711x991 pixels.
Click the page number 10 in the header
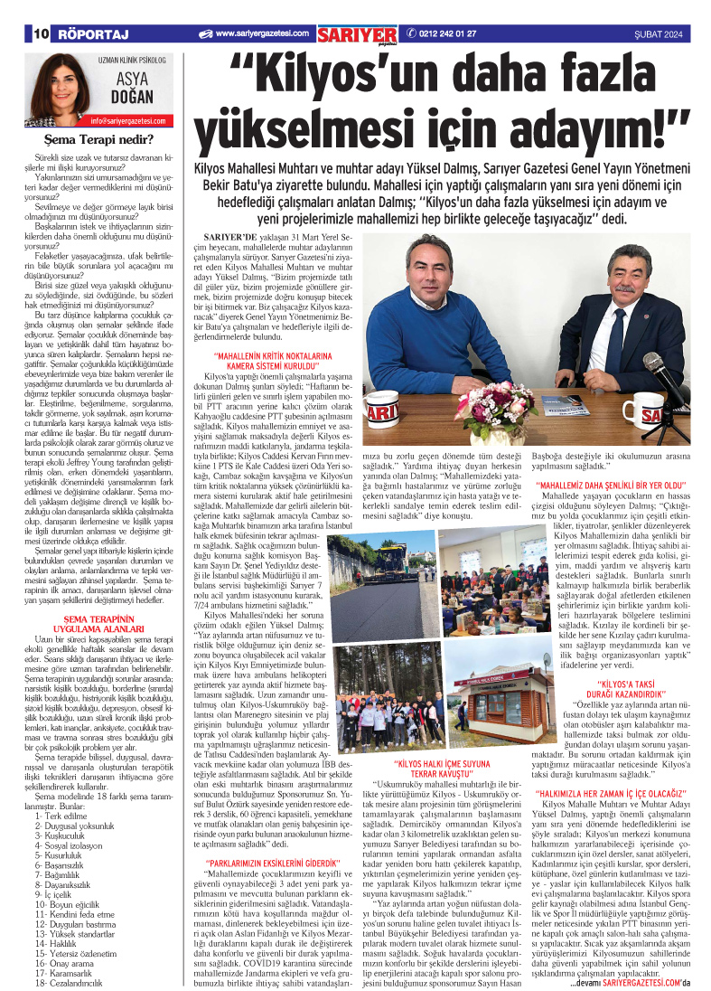click(40, 33)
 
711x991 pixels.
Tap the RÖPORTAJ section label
click(93, 33)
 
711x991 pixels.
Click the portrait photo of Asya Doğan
click(53, 88)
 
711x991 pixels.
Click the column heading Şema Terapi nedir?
click(99, 139)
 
